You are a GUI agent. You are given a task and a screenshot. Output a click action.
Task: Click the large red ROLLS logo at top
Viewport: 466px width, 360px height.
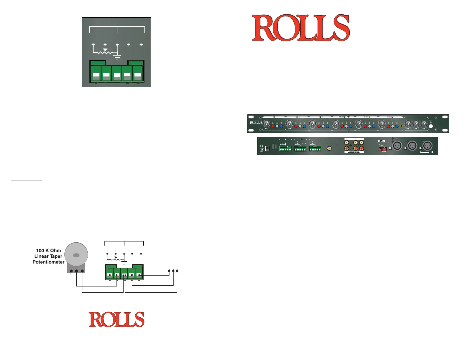point(301,28)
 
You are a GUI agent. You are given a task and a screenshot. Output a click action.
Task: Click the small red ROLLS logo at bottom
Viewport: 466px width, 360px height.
point(116,319)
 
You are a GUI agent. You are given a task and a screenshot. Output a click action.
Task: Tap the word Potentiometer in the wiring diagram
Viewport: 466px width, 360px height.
point(49,262)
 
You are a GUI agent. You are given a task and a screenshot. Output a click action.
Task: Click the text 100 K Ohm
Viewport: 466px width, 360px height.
point(49,251)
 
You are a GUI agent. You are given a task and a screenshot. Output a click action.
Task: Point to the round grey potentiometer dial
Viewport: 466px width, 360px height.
point(76,254)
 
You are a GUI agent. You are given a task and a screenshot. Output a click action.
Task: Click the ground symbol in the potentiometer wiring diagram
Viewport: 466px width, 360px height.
point(124,262)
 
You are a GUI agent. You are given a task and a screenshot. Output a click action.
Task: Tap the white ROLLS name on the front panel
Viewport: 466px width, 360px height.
point(256,122)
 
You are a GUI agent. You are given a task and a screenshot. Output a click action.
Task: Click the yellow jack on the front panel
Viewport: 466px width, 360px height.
point(401,126)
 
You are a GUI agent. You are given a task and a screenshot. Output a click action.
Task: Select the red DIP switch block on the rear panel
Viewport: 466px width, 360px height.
point(382,149)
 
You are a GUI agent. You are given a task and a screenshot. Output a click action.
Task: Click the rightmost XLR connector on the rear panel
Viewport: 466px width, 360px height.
point(427,146)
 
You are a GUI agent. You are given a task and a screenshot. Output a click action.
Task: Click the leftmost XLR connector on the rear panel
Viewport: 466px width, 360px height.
point(397,146)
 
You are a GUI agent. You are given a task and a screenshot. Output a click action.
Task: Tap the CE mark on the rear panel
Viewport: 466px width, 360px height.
point(262,146)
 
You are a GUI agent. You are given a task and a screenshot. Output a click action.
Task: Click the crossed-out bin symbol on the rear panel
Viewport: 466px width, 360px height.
point(262,150)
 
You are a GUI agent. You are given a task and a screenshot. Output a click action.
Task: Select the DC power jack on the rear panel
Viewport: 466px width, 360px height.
point(267,149)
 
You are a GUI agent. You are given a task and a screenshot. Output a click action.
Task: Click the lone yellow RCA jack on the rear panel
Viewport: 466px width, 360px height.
point(329,149)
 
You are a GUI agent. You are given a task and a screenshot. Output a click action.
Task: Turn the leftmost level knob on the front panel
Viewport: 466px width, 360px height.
point(266,124)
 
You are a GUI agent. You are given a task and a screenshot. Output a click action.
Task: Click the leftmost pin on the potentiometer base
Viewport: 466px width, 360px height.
point(71,271)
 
